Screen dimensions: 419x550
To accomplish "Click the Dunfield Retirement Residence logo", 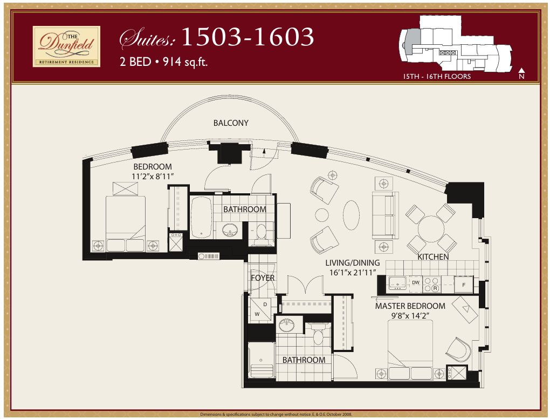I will click(66, 46).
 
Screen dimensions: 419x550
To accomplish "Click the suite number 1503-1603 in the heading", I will click(247, 37).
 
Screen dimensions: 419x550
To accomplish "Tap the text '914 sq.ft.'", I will click(185, 62).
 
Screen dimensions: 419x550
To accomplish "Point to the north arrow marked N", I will click(521, 74).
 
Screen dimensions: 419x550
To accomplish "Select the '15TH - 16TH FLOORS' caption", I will click(437, 77).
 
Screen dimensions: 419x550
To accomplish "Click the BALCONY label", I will click(231, 123).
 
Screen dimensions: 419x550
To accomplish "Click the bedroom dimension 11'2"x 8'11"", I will click(153, 176).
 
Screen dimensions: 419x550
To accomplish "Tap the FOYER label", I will click(263, 278).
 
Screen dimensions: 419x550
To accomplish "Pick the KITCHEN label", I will click(433, 256).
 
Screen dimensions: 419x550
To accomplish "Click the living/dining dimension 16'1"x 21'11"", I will click(352, 273).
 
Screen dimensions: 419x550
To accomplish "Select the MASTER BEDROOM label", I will click(410, 306).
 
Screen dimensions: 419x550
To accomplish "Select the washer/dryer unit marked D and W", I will click(260, 309).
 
